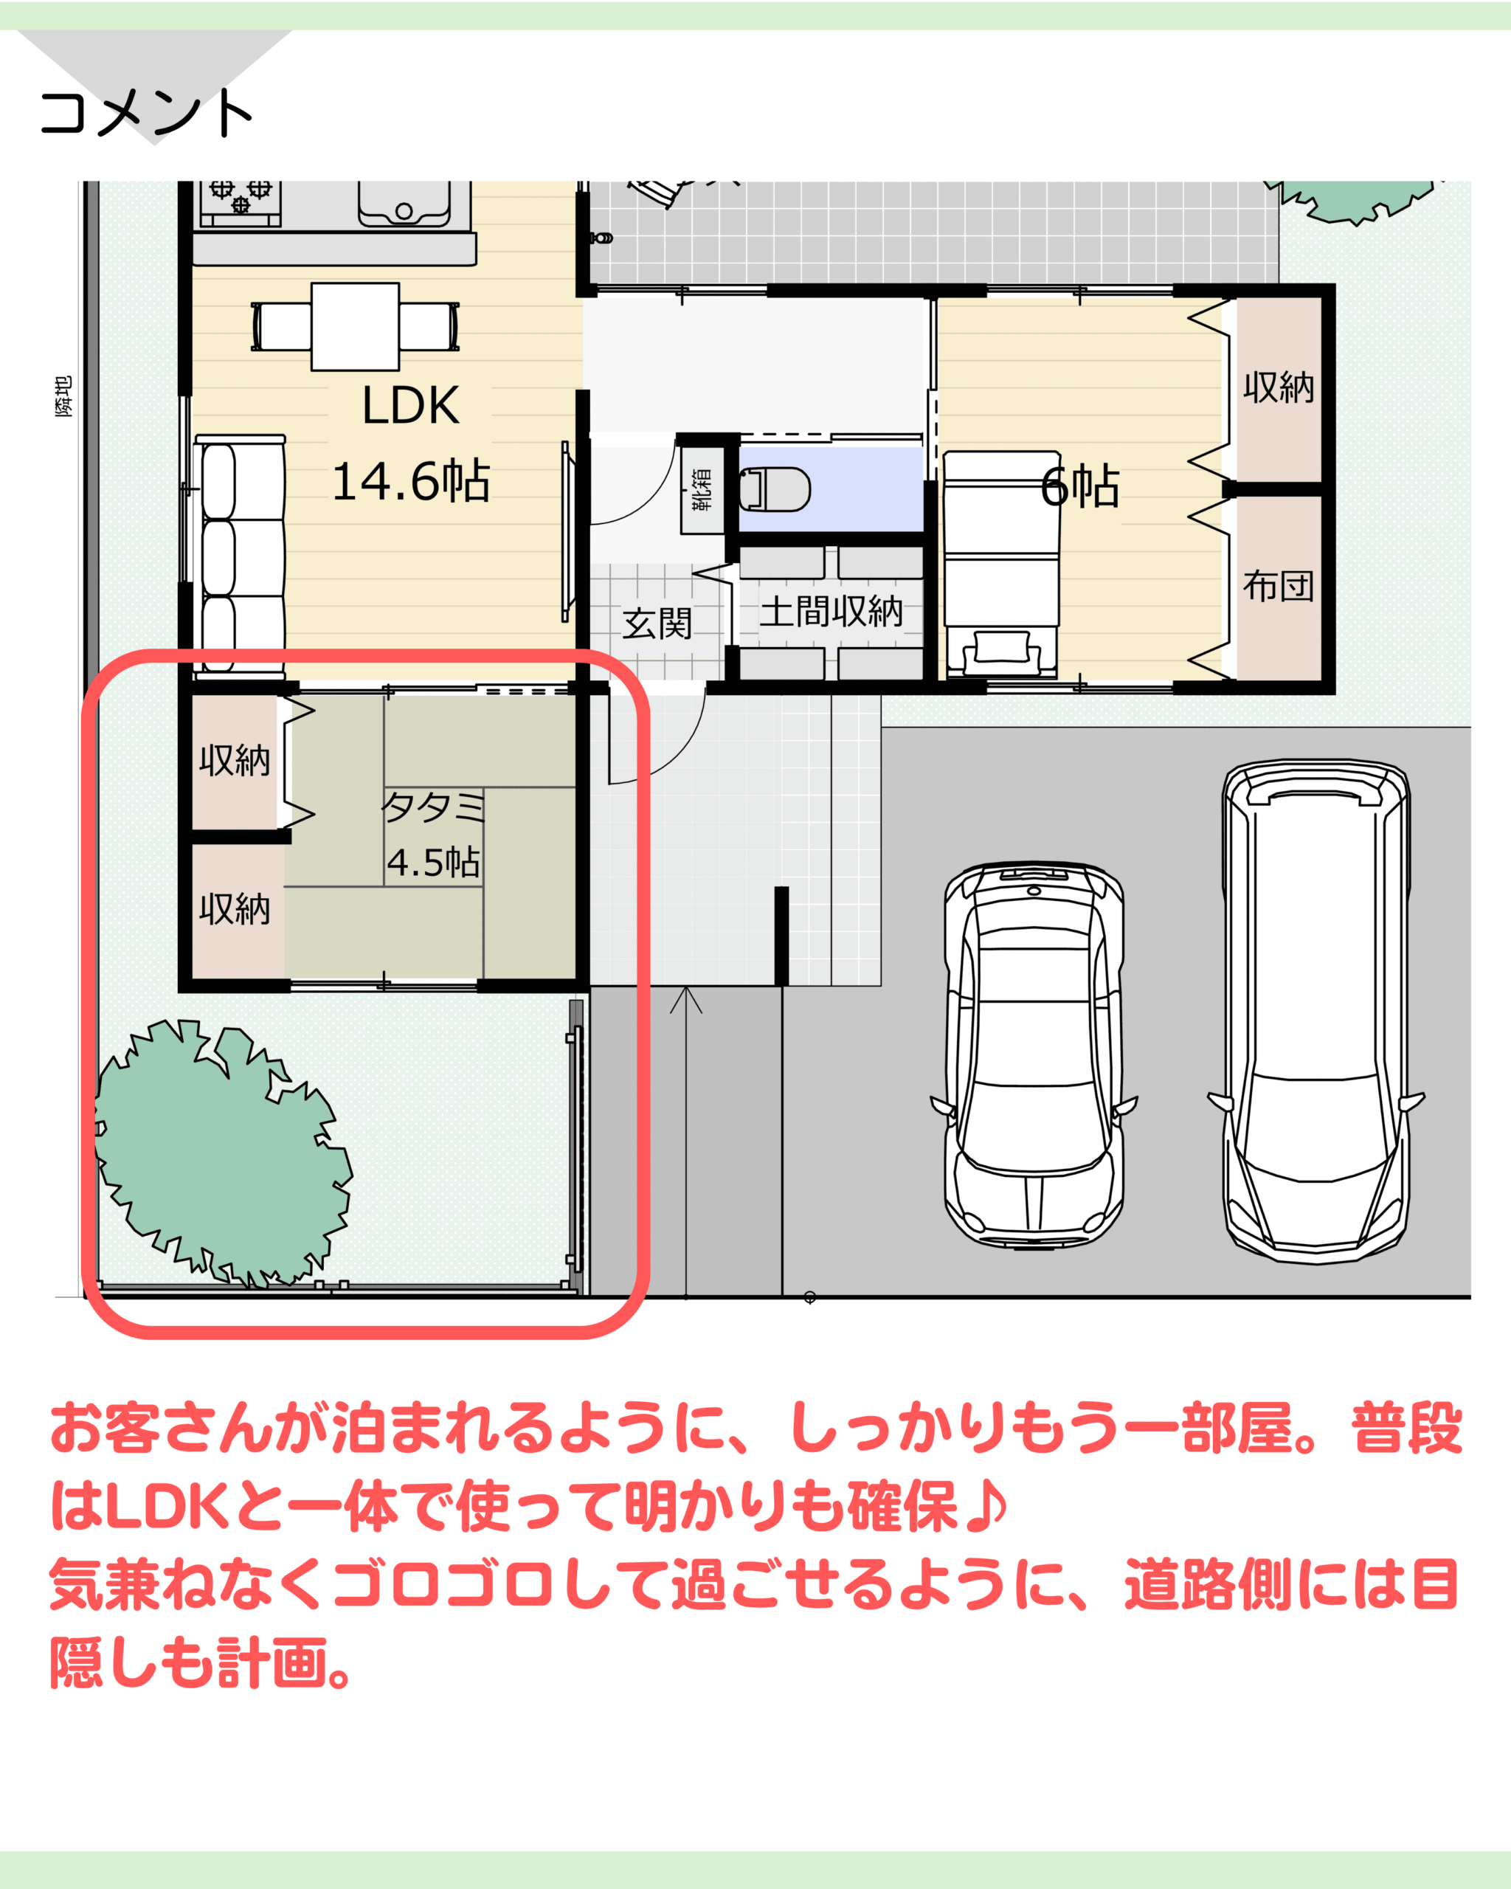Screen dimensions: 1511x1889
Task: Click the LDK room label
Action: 410,406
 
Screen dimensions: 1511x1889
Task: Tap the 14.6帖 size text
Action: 411,481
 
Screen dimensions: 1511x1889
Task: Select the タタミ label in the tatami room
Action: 432,806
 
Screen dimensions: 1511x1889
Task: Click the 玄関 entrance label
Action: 657,624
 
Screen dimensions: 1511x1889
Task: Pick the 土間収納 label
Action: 831,611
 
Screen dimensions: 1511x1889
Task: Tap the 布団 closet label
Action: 1278,585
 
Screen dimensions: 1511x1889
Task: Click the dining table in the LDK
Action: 355,327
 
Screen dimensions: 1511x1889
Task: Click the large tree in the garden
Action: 224,1151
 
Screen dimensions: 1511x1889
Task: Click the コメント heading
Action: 146,113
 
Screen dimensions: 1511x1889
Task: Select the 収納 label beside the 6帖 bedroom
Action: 1279,387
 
